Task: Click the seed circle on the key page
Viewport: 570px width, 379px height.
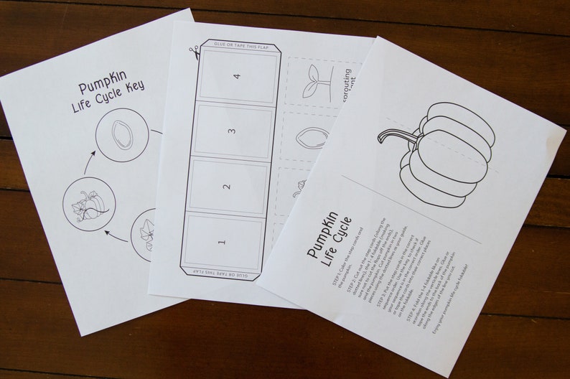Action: tap(122, 134)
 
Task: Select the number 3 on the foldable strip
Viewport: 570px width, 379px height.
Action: tap(231, 131)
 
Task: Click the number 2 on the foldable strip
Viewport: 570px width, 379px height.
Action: tap(226, 187)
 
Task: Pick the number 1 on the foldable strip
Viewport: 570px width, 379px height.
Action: tap(221, 243)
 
